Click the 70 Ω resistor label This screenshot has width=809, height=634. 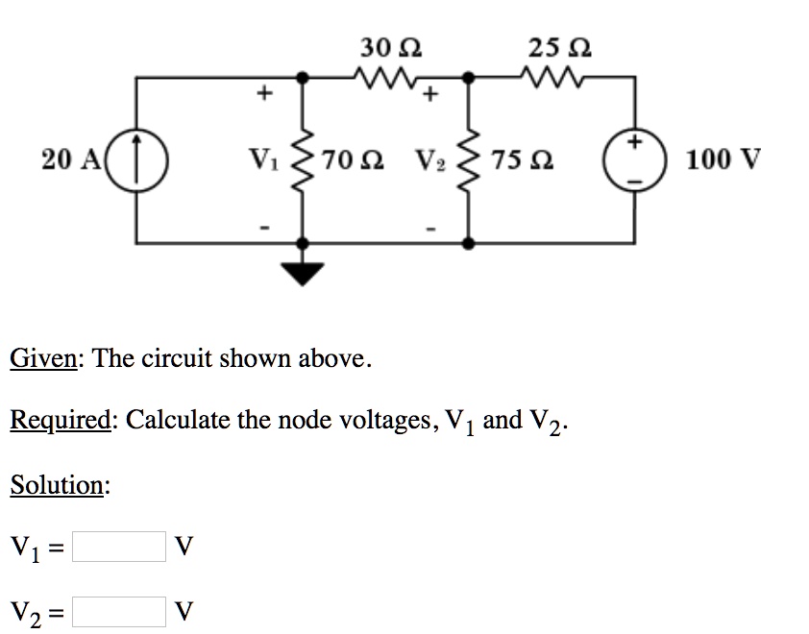click(x=353, y=158)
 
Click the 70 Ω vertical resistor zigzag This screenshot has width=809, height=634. click(x=305, y=158)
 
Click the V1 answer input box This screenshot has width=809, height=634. click(x=119, y=547)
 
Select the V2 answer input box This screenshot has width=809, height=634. click(x=119, y=609)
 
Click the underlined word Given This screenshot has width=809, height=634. click(x=44, y=359)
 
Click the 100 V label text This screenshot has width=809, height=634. click(x=723, y=158)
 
